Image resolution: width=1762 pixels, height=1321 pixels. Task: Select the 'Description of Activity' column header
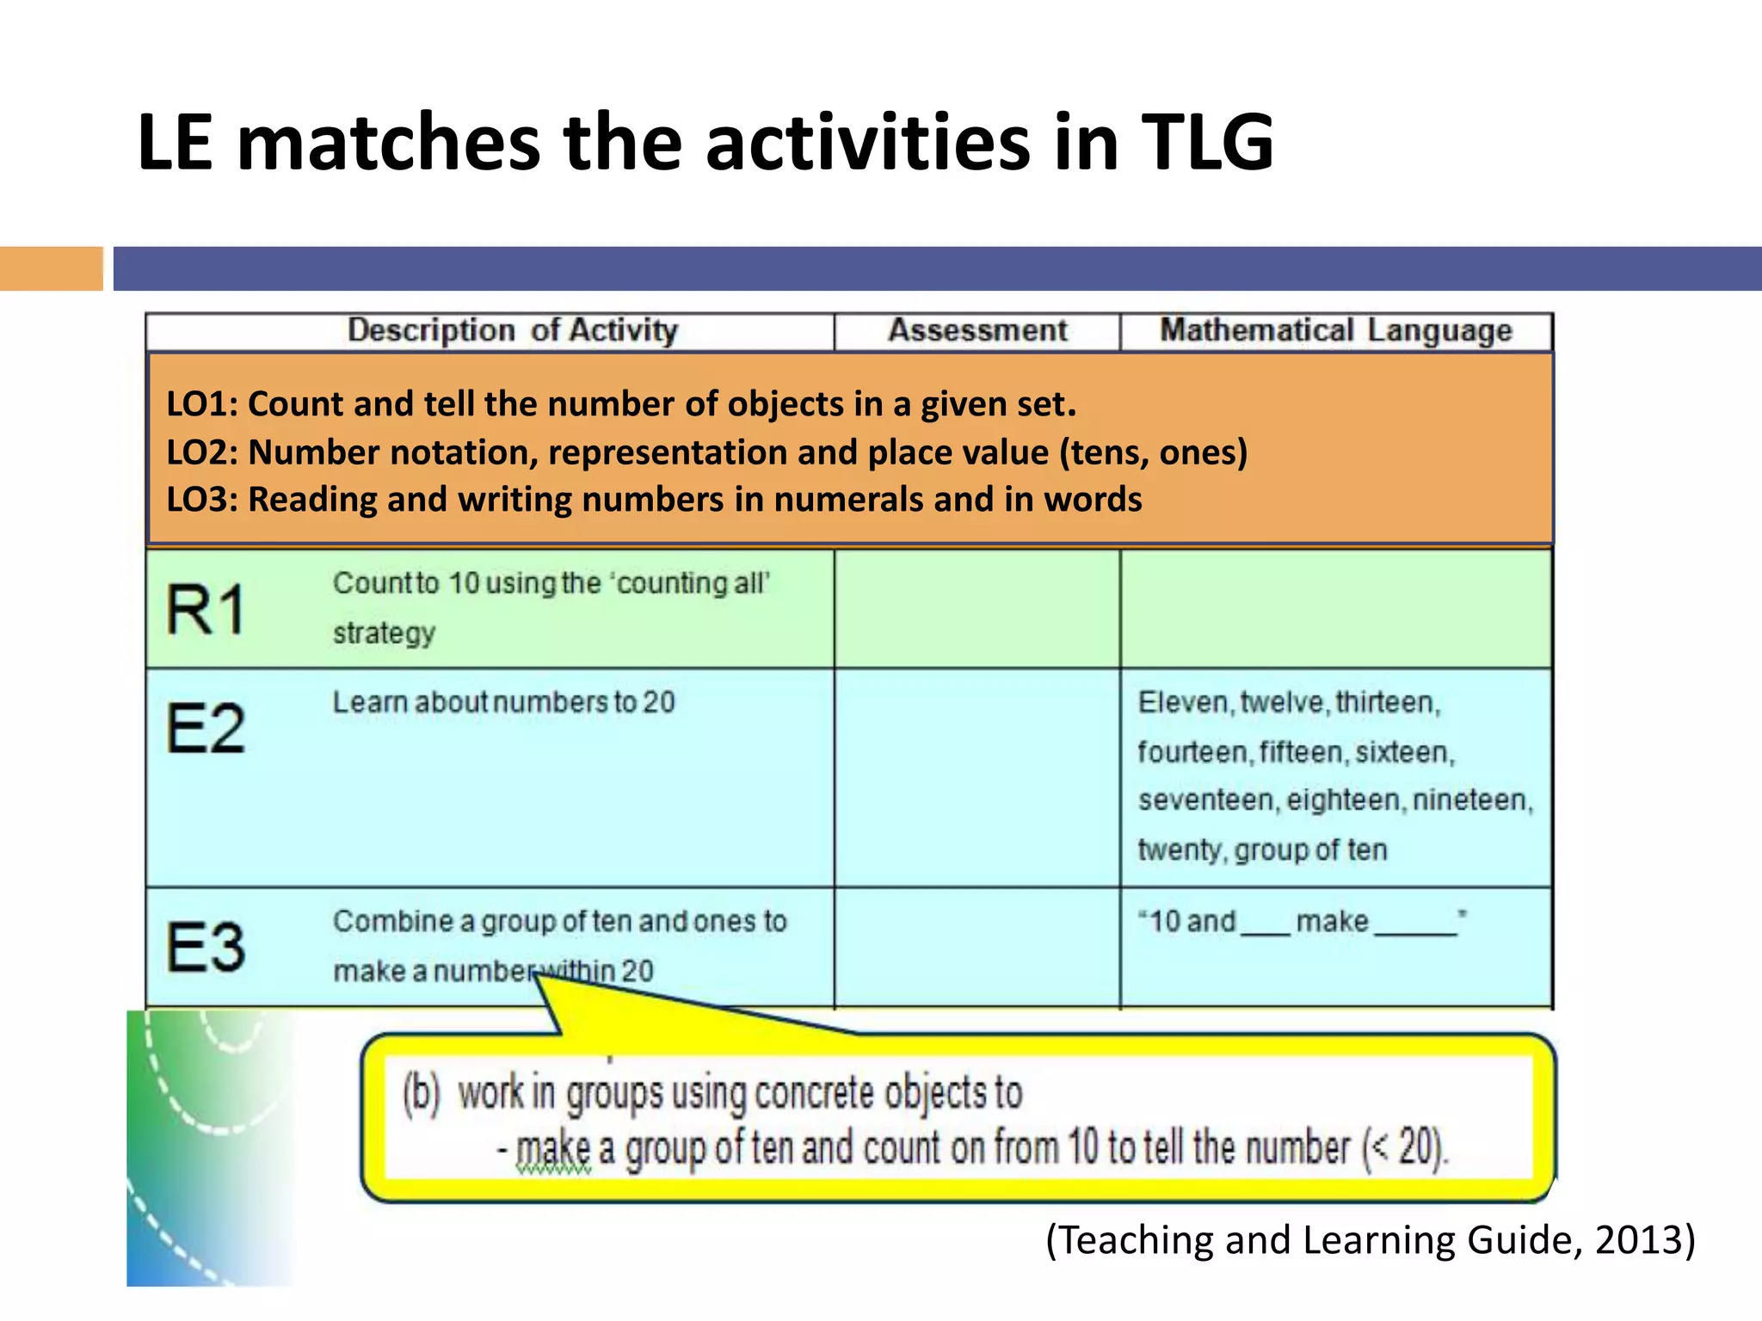point(513,331)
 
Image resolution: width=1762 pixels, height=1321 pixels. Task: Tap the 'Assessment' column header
point(977,331)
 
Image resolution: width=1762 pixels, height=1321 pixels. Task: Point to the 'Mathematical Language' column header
point(1335,331)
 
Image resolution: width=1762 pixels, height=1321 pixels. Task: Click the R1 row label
point(206,609)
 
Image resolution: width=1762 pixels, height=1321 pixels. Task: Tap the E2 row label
point(206,728)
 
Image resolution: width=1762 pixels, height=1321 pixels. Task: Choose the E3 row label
point(206,947)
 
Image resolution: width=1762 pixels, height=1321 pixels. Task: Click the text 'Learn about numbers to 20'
point(503,703)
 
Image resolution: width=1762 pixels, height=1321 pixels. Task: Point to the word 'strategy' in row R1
point(384,634)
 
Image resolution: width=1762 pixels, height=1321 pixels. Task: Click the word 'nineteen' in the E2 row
point(1471,801)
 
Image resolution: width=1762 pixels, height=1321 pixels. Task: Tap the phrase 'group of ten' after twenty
point(1310,851)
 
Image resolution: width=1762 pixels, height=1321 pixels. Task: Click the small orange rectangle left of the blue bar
point(51,268)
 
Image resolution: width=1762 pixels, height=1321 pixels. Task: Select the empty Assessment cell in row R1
point(977,609)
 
